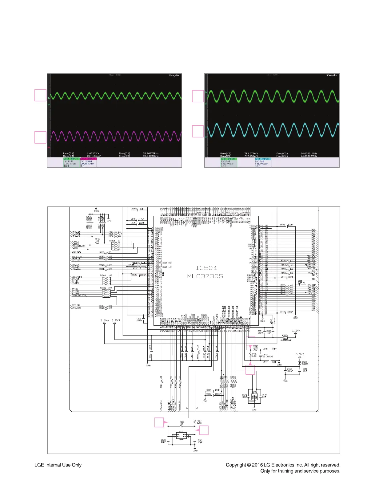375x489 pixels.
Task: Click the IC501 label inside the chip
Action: click(x=206, y=268)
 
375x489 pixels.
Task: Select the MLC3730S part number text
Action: click(x=205, y=276)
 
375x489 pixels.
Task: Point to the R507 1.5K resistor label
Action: click(x=199, y=422)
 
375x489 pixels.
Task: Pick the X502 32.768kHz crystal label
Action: click(x=266, y=356)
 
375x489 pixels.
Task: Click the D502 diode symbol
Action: click(x=300, y=363)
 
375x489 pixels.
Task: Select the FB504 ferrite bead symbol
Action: click(x=285, y=338)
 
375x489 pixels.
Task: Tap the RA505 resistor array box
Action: click(x=115, y=246)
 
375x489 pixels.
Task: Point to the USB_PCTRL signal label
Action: click(x=77, y=277)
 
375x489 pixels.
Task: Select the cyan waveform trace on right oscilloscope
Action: click(x=272, y=131)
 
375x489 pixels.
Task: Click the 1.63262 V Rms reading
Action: click(x=94, y=153)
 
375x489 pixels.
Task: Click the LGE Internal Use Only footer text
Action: click(x=58, y=465)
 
